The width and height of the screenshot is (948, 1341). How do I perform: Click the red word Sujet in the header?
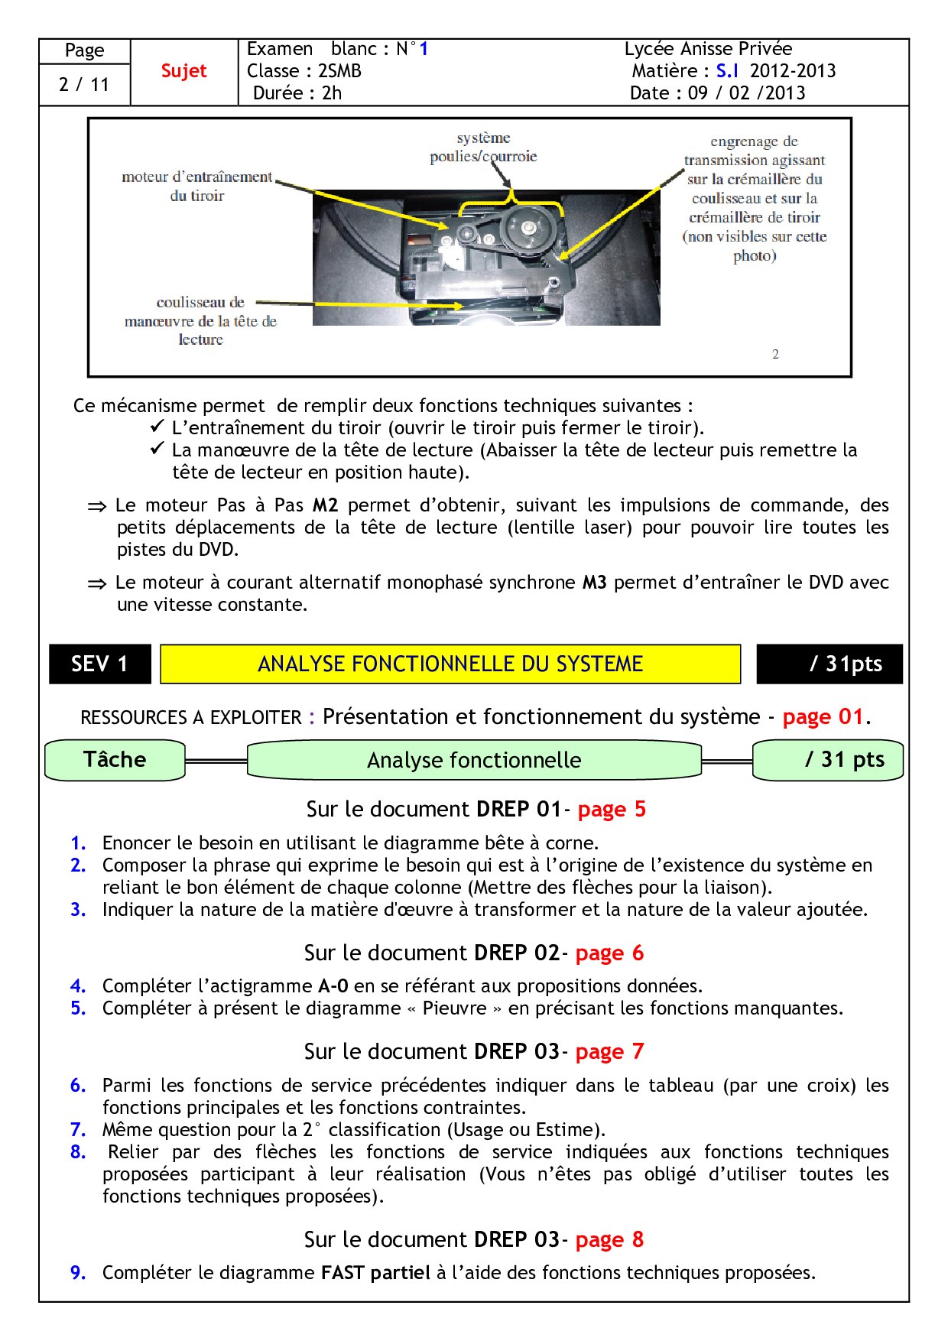(183, 71)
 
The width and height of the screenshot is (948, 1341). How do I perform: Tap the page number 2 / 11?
(84, 84)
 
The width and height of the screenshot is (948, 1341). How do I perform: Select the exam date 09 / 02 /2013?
(746, 93)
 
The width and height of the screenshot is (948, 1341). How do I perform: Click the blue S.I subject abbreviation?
(727, 71)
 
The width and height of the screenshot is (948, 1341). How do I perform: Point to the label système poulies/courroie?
(483, 147)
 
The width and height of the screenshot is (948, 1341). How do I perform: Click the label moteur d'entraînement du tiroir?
(197, 186)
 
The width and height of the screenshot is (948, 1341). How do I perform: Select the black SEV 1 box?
(99, 664)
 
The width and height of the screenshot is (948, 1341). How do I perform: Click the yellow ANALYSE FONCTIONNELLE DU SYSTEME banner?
(450, 664)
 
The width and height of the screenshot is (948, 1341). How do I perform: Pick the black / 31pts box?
(830, 664)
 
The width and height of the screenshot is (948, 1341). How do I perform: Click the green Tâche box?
(115, 760)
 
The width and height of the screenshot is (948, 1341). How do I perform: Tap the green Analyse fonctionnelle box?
(474, 760)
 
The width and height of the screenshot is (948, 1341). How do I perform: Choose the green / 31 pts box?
(829, 760)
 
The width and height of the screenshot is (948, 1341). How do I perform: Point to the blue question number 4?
(77, 986)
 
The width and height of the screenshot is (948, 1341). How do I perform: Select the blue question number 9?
(77, 1273)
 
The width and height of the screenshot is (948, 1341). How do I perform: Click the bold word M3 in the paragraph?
(594, 583)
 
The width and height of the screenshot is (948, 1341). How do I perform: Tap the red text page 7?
(609, 1052)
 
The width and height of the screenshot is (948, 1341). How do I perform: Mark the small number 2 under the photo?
(775, 354)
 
